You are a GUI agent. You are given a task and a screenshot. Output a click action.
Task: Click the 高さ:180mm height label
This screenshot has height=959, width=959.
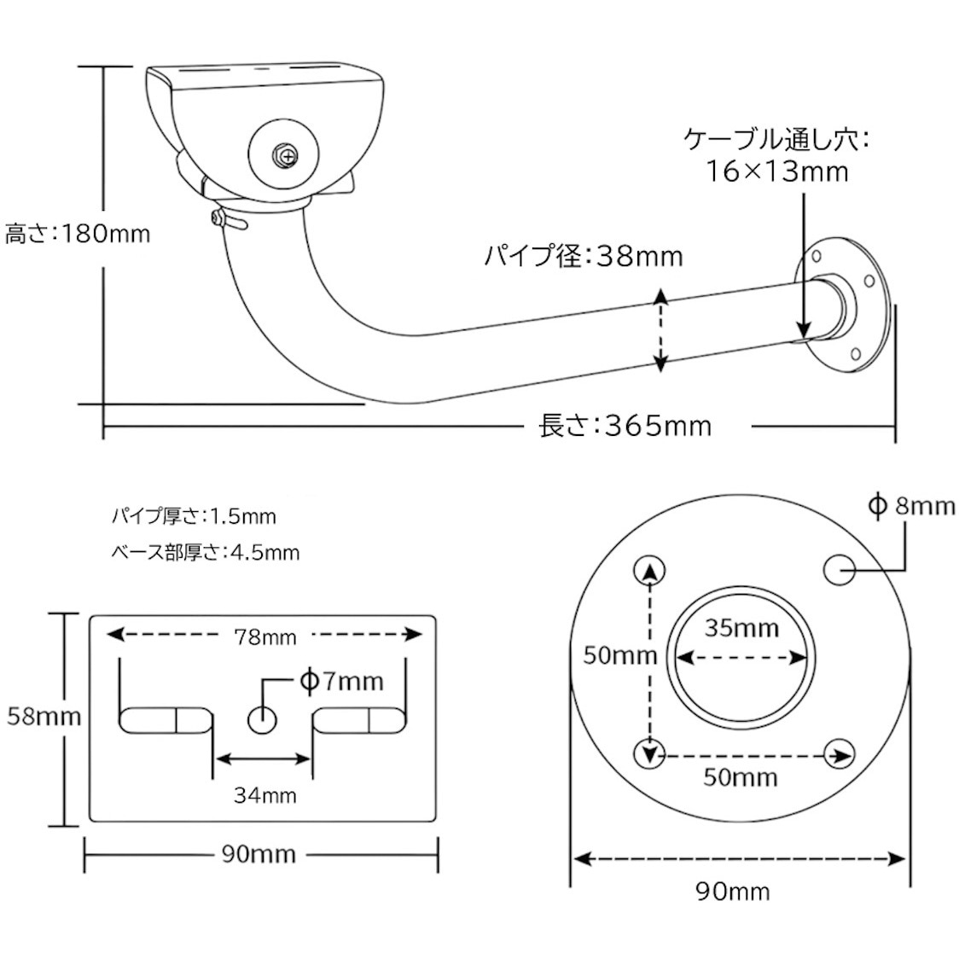coord(77,233)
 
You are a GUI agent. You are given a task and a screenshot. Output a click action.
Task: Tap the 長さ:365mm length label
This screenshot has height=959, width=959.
coord(625,425)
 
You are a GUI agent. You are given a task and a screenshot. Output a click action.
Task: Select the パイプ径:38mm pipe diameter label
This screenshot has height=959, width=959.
coord(584,255)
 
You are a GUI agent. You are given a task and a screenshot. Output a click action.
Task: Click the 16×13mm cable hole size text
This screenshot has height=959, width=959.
coord(776,171)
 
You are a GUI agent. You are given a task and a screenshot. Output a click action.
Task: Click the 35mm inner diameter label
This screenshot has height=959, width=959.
coord(741,629)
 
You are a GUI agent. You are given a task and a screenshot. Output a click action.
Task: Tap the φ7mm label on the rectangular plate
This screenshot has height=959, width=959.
coord(341,682)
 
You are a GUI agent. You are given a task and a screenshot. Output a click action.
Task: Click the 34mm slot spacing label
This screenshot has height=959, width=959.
coord(264,795)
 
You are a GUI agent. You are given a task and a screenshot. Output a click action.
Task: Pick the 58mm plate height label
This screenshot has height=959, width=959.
coord(44,716)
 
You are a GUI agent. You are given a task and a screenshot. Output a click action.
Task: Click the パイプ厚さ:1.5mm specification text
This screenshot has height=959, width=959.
coord(194,516)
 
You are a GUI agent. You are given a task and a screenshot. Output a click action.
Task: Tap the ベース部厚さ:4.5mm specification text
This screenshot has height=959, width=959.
coord(206,553)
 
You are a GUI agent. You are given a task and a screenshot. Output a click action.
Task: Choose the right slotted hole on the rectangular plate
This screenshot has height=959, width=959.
coord(358,720)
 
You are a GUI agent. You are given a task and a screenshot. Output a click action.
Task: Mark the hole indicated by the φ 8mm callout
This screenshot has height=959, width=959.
coord(840,571)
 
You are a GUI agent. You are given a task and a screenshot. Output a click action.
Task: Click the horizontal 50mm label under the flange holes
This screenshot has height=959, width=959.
coord(740,777)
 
